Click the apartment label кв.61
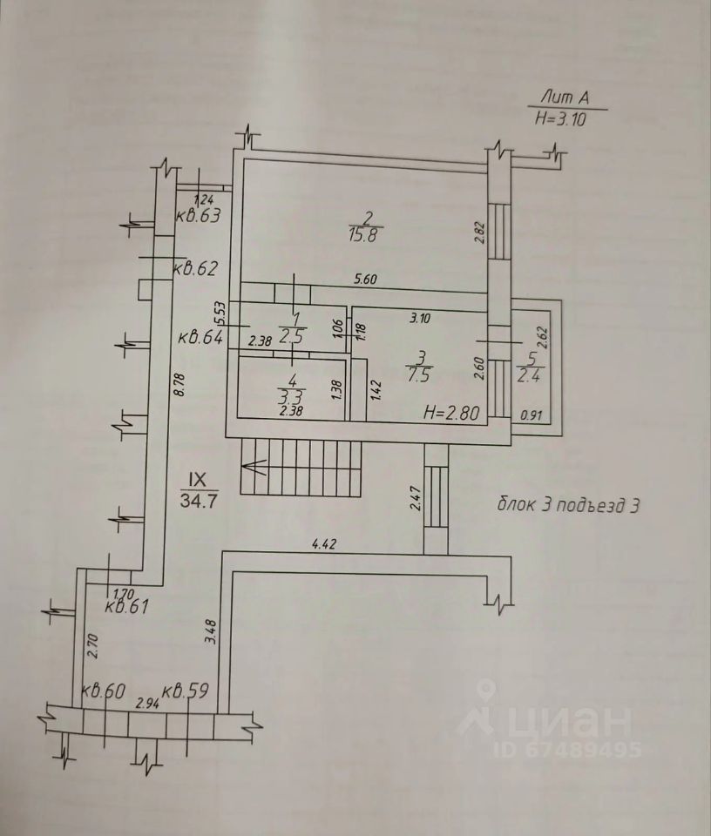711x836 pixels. coord(125,607)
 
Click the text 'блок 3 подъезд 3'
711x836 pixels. coord(569,504)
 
